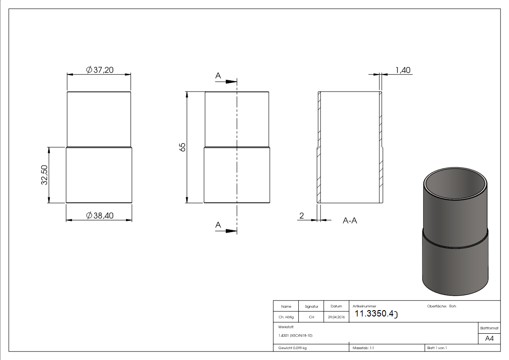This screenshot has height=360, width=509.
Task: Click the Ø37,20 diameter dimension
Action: pos(99,70)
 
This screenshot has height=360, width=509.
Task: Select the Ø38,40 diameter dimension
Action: pos(100,216)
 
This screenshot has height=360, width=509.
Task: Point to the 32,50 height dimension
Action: pos(44,175)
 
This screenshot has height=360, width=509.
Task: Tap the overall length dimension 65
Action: pos(182,147)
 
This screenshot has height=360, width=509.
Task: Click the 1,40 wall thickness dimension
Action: pos(402,70)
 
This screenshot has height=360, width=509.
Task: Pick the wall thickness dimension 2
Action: pos(301,216)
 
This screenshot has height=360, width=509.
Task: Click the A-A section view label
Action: pos(349,221)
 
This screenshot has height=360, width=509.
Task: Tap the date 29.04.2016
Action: pos(336,317)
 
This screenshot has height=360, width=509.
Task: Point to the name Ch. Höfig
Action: pos(286,317)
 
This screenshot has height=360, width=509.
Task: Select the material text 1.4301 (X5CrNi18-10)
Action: pos(296,336)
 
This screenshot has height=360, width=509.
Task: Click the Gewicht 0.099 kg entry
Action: pos(292,348)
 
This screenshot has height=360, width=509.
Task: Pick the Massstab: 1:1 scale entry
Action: pos(363,348)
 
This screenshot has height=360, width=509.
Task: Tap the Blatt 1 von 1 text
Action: pos(436,348)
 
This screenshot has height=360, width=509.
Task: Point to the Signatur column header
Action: pos(311,306)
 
